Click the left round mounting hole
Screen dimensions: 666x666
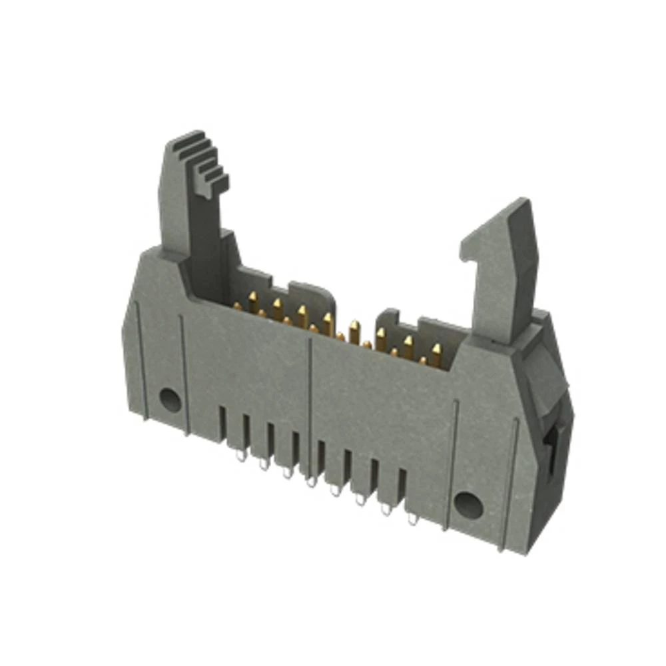(x=170, y=400)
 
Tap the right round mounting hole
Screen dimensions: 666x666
(x=468, y=506)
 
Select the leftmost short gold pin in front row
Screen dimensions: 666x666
(x=237, y=306)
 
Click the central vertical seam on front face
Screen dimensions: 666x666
(x=310, y=400)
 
